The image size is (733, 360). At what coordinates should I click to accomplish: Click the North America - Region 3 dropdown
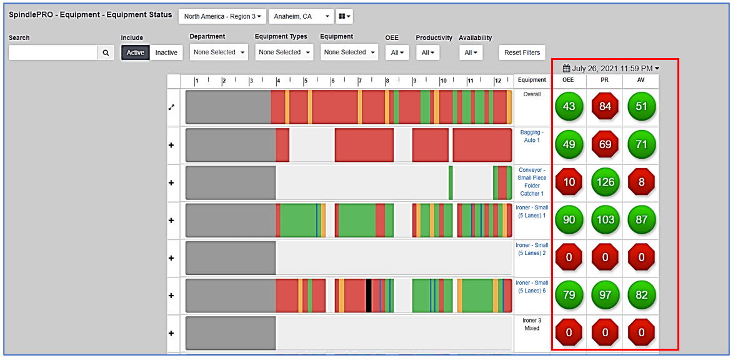pos(222,16)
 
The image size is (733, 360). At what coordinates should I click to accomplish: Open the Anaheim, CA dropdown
pos(301,16)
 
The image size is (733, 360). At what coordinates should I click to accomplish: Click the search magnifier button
pos(106,53)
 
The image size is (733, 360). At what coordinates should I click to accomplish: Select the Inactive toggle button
pos(166,52)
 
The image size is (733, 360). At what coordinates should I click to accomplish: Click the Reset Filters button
pos(522,52)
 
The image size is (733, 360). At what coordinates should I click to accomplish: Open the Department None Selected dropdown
pos(219,52)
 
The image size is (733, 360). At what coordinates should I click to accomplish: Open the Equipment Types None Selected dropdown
pos(284,52)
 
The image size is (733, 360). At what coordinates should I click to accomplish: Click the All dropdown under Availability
pos(470,53)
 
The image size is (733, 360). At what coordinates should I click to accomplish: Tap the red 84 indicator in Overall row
pos(605,107)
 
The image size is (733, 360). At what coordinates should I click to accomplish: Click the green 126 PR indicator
pos(605,182)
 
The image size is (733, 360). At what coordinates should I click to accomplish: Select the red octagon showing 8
pos(641,182)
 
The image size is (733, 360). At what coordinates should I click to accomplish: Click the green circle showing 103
pos(605,220)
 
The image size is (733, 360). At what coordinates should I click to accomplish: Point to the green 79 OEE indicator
pos(569,295)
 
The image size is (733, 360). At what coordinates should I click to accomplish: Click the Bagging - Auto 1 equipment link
pos(532,136)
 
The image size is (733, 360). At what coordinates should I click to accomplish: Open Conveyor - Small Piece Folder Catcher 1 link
pos(532,181)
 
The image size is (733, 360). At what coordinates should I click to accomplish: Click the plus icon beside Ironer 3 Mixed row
pos(171,333)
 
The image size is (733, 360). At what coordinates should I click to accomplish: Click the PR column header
pos(605,80)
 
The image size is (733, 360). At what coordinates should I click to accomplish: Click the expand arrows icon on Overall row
pos(171,107)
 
